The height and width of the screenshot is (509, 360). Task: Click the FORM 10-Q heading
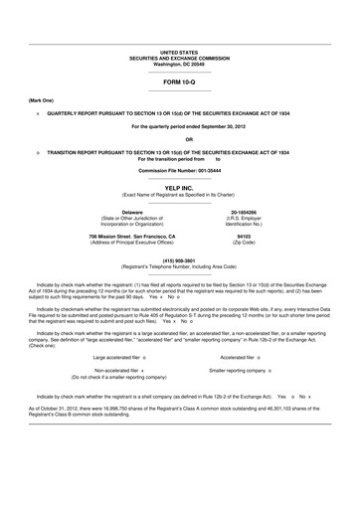(179, 83)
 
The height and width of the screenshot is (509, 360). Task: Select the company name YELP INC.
(179, 186)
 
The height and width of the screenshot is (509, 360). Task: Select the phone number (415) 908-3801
(179, 261)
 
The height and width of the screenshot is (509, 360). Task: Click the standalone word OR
(179, 139)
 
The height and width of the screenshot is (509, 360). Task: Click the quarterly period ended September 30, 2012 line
(179, 126)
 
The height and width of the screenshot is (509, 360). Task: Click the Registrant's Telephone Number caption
(179, 267)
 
